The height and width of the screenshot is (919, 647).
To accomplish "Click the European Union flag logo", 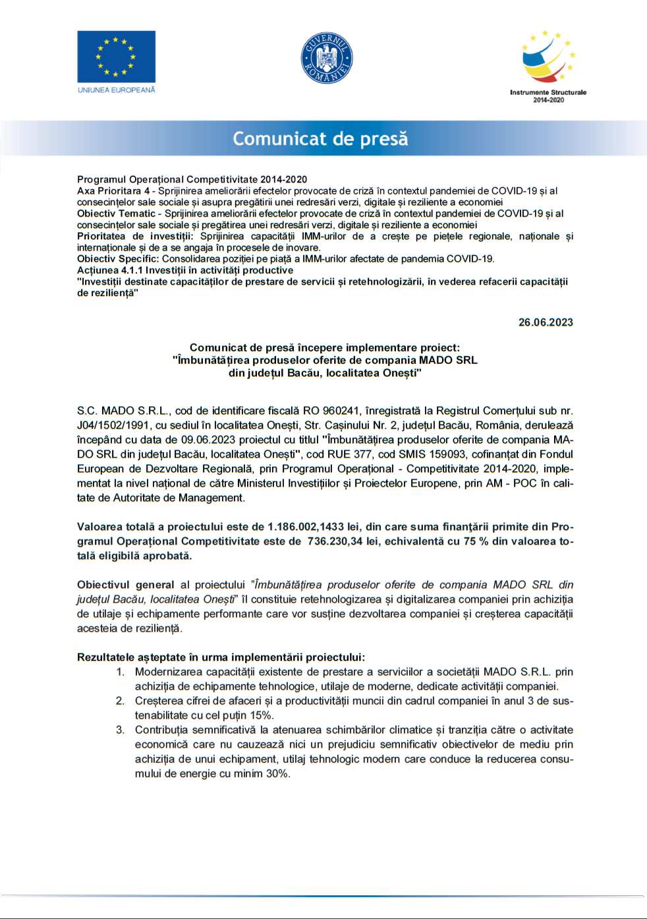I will (x=116, y=56).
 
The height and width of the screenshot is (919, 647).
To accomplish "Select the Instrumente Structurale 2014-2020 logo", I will (x=548, y=66).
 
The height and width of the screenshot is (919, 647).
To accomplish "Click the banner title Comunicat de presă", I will (x=320, y=138).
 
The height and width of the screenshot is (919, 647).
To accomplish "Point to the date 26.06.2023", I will (x=546, y=322).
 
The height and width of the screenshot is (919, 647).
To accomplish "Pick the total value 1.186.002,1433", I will (x=306, y=527).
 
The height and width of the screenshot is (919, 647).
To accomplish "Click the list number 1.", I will (x=121, y=672).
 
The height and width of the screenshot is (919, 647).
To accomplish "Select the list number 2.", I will (x=121, y=701).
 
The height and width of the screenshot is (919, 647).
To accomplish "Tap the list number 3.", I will (x=121, y=730).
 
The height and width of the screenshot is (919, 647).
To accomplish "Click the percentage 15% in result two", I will (x=262, y=715).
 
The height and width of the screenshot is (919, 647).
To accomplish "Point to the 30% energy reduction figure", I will (x=277, y=773).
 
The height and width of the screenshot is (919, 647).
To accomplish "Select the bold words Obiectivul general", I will (x=125, y=585).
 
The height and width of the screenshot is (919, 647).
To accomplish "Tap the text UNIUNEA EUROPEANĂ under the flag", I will (x=116, y=90).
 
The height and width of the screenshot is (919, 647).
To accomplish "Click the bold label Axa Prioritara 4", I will (x=113, y=191).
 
